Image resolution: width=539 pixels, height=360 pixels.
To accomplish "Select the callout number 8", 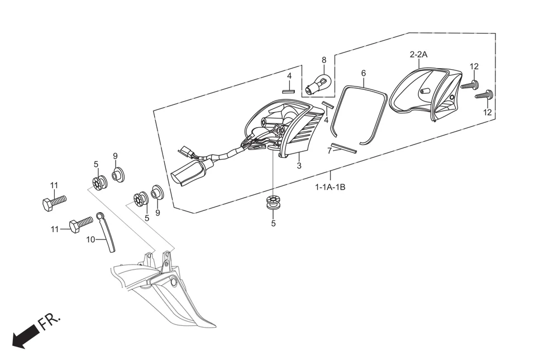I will pyautogui.click(x=323, y=60).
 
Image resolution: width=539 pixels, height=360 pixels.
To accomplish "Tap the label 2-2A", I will pyautogui.click(x=418, y=55).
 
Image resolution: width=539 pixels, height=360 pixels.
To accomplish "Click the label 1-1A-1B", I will pyautogui.click(x=330, y=187).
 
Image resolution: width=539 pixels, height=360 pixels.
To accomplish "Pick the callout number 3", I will pyautogui.click(x=299, y=166).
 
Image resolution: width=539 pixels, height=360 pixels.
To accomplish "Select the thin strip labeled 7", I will pyautogui.click(x=343, y=148).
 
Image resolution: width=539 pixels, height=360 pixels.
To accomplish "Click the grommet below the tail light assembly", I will pyautogui.click(x=273, y=203).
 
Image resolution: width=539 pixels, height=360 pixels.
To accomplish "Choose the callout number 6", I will pyautogui.click(x=364, y=73).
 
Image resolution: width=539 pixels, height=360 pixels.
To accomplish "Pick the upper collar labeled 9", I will pyautogui.click(x=118, y=175).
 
